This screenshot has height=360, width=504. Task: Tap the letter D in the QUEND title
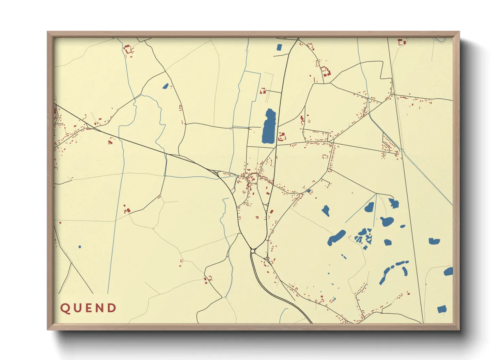pyautogui.click(x=111, y=308)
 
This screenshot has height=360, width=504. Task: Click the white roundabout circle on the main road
pyautogui.click(x=253, y=251)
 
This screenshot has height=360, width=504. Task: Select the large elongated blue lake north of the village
pyautogui.click(x=269, y=127)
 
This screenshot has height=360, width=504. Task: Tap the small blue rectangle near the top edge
pyautogui.click(x=279, y=48)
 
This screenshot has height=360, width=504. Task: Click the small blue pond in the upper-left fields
pyautogui.click(x=166, y=86)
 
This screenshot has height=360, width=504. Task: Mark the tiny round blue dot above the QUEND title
pyautogui.click(x=80, y=247)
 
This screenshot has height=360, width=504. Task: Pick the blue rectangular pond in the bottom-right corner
pyautogui.click(x=442, y=309)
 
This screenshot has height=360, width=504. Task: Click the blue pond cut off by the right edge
pyautogui.click(x=449, y=272)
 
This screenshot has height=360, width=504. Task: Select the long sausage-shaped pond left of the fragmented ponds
pyautogui.click(x=336, y=238)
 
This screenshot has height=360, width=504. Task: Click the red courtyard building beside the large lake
pyautogui.click(x=282, y=137)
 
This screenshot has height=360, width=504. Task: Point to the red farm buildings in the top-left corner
pyautogui.click(x=128, y=50)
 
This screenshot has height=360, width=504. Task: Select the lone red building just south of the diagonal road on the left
pyautogui.click(x=110, y=142)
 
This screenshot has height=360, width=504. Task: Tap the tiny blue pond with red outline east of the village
pyautogui.click(x=309, y=191)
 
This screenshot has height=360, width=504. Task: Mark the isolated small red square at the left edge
pyautogui.click(x=60, y=223)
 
